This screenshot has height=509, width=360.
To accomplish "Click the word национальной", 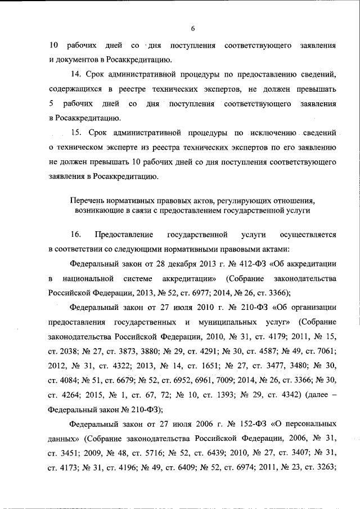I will click(x=85, y=278).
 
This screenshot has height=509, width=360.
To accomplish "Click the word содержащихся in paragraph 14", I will click(x=75, y=89).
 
